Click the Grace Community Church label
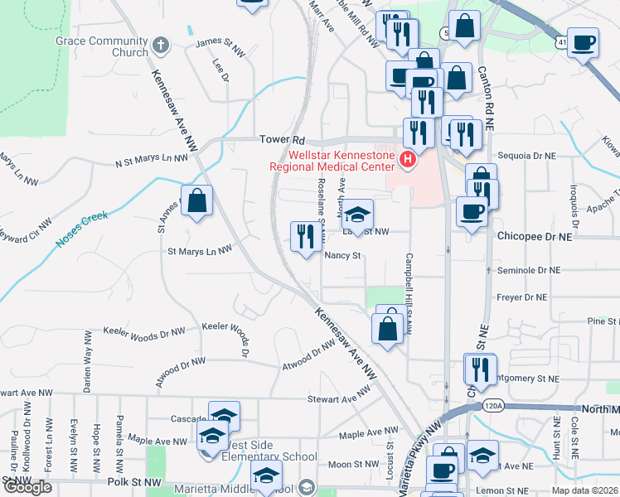coord(101,46)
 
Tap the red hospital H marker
coord(407,159)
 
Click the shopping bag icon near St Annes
coord(196,201)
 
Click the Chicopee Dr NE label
coord(535,236)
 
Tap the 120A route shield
coord(492,406)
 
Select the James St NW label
coord(220,43)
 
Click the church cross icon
coord(161,46)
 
